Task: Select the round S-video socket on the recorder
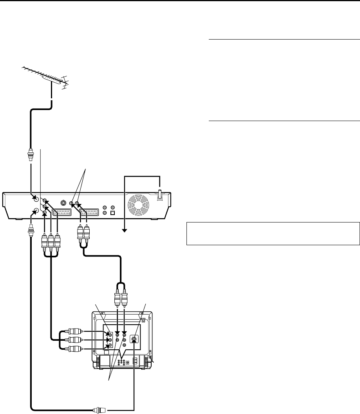pyautogui.click(x=63, y=203)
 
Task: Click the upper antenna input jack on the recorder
pyautogui.click(x=36, y=199)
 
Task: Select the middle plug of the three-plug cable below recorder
pyautogui.click(x=51, y=239)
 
